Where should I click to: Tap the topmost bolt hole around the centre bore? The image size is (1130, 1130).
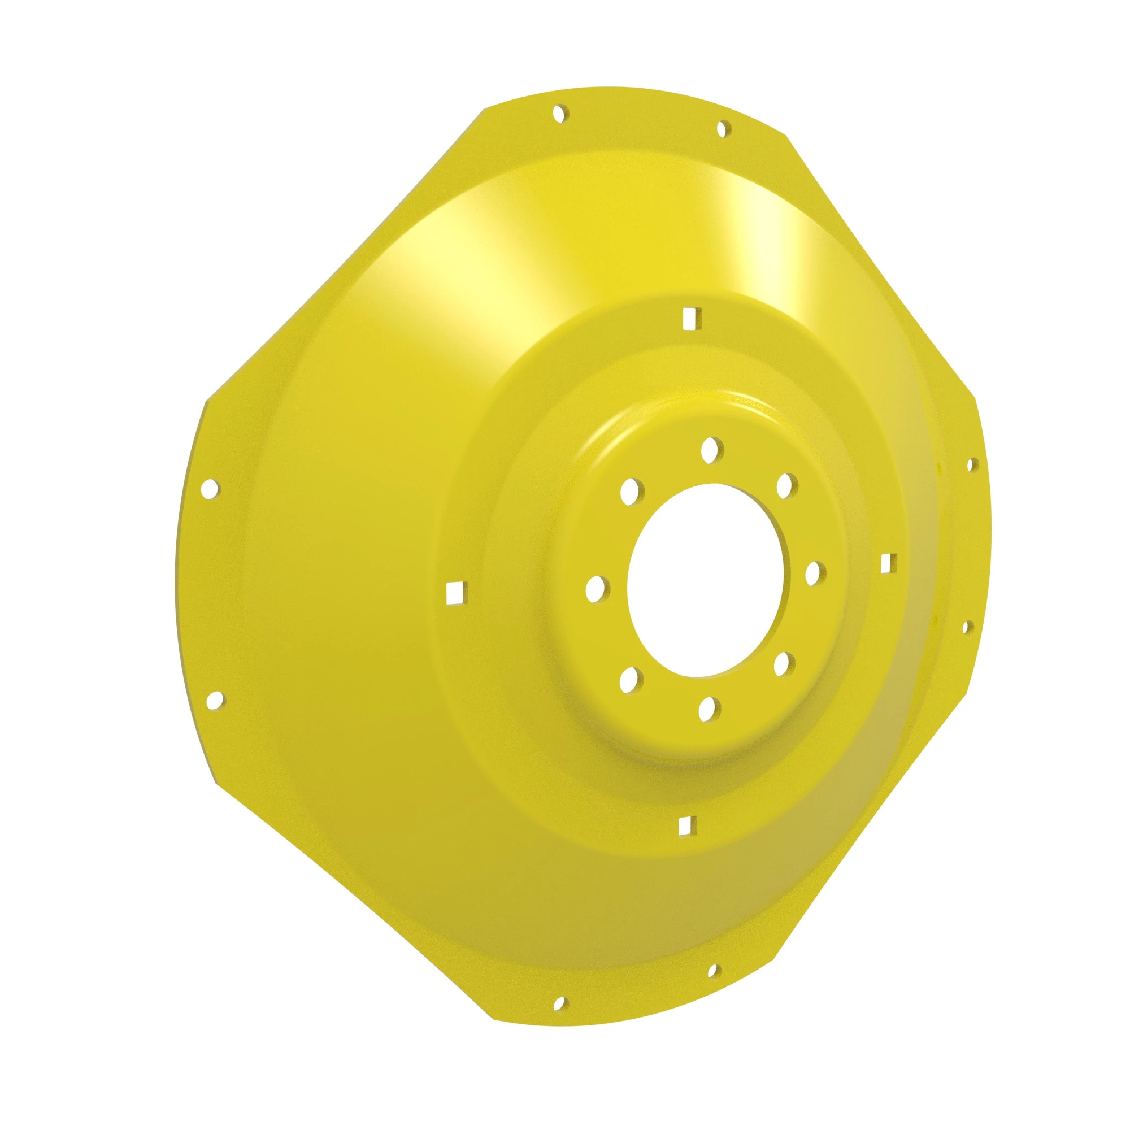tap(711, 450)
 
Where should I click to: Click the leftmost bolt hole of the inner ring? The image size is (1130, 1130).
tap(597, 588)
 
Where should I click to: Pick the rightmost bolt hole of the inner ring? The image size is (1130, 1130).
tap(815, 572)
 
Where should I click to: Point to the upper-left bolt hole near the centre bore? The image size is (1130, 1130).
tap(632, 492)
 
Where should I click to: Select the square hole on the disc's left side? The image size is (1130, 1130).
tap(455, 593)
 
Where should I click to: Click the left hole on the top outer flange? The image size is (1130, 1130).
tap(560, 112)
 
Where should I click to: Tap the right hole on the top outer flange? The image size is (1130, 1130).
tap(724, 129)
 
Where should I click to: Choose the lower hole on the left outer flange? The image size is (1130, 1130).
tap(216, 698)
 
